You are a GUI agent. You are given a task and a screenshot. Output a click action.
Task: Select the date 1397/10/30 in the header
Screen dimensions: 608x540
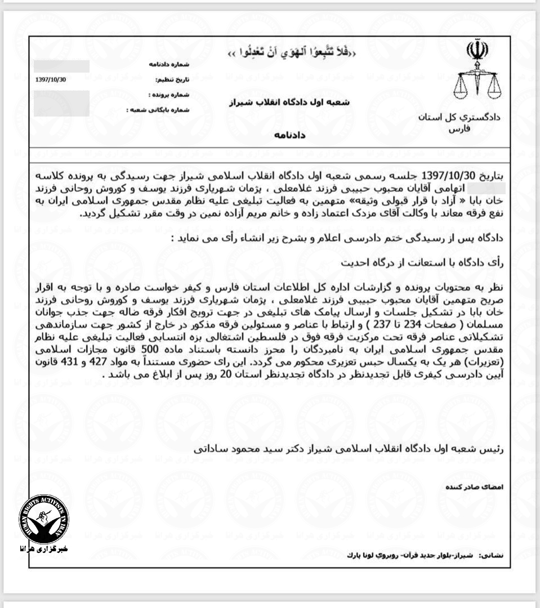coord(51,79)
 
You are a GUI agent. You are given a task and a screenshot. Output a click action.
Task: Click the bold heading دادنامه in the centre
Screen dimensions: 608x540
coord(291,136)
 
